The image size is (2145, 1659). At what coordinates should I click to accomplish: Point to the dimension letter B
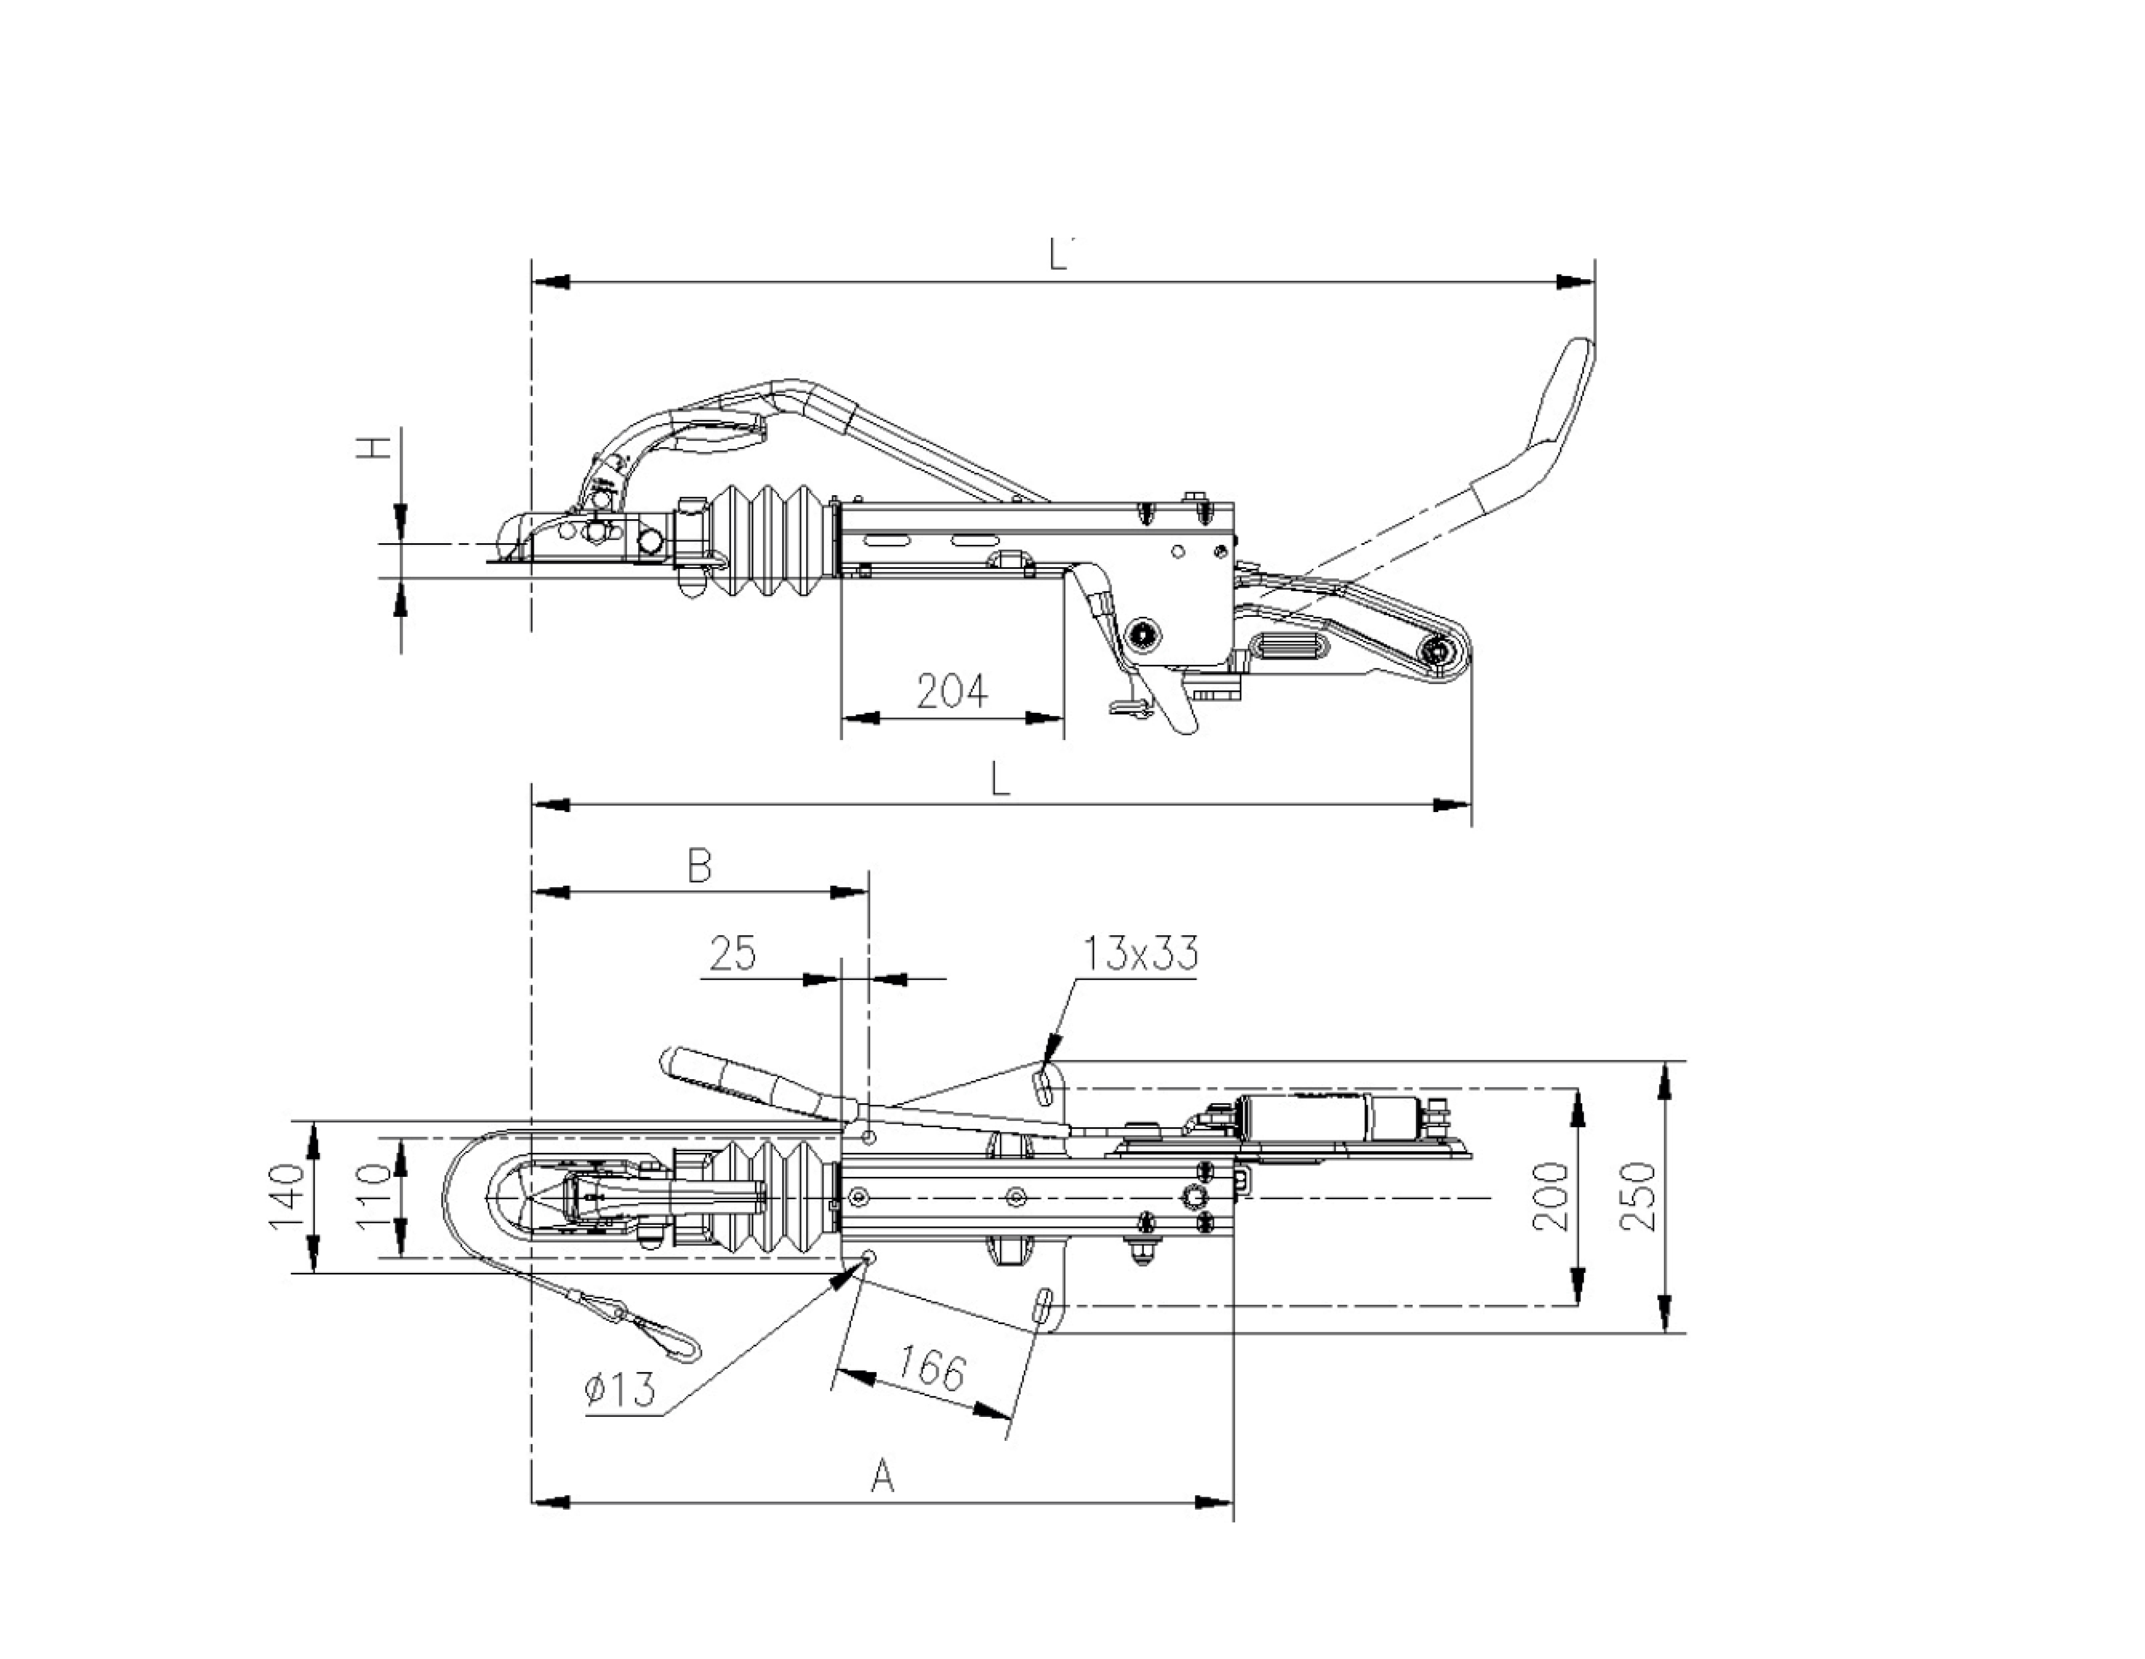(x=699, y=867)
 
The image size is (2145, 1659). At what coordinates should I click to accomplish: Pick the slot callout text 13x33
(x=1140, y=953)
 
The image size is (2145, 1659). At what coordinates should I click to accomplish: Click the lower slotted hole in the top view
(x=1043, y=1306)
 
